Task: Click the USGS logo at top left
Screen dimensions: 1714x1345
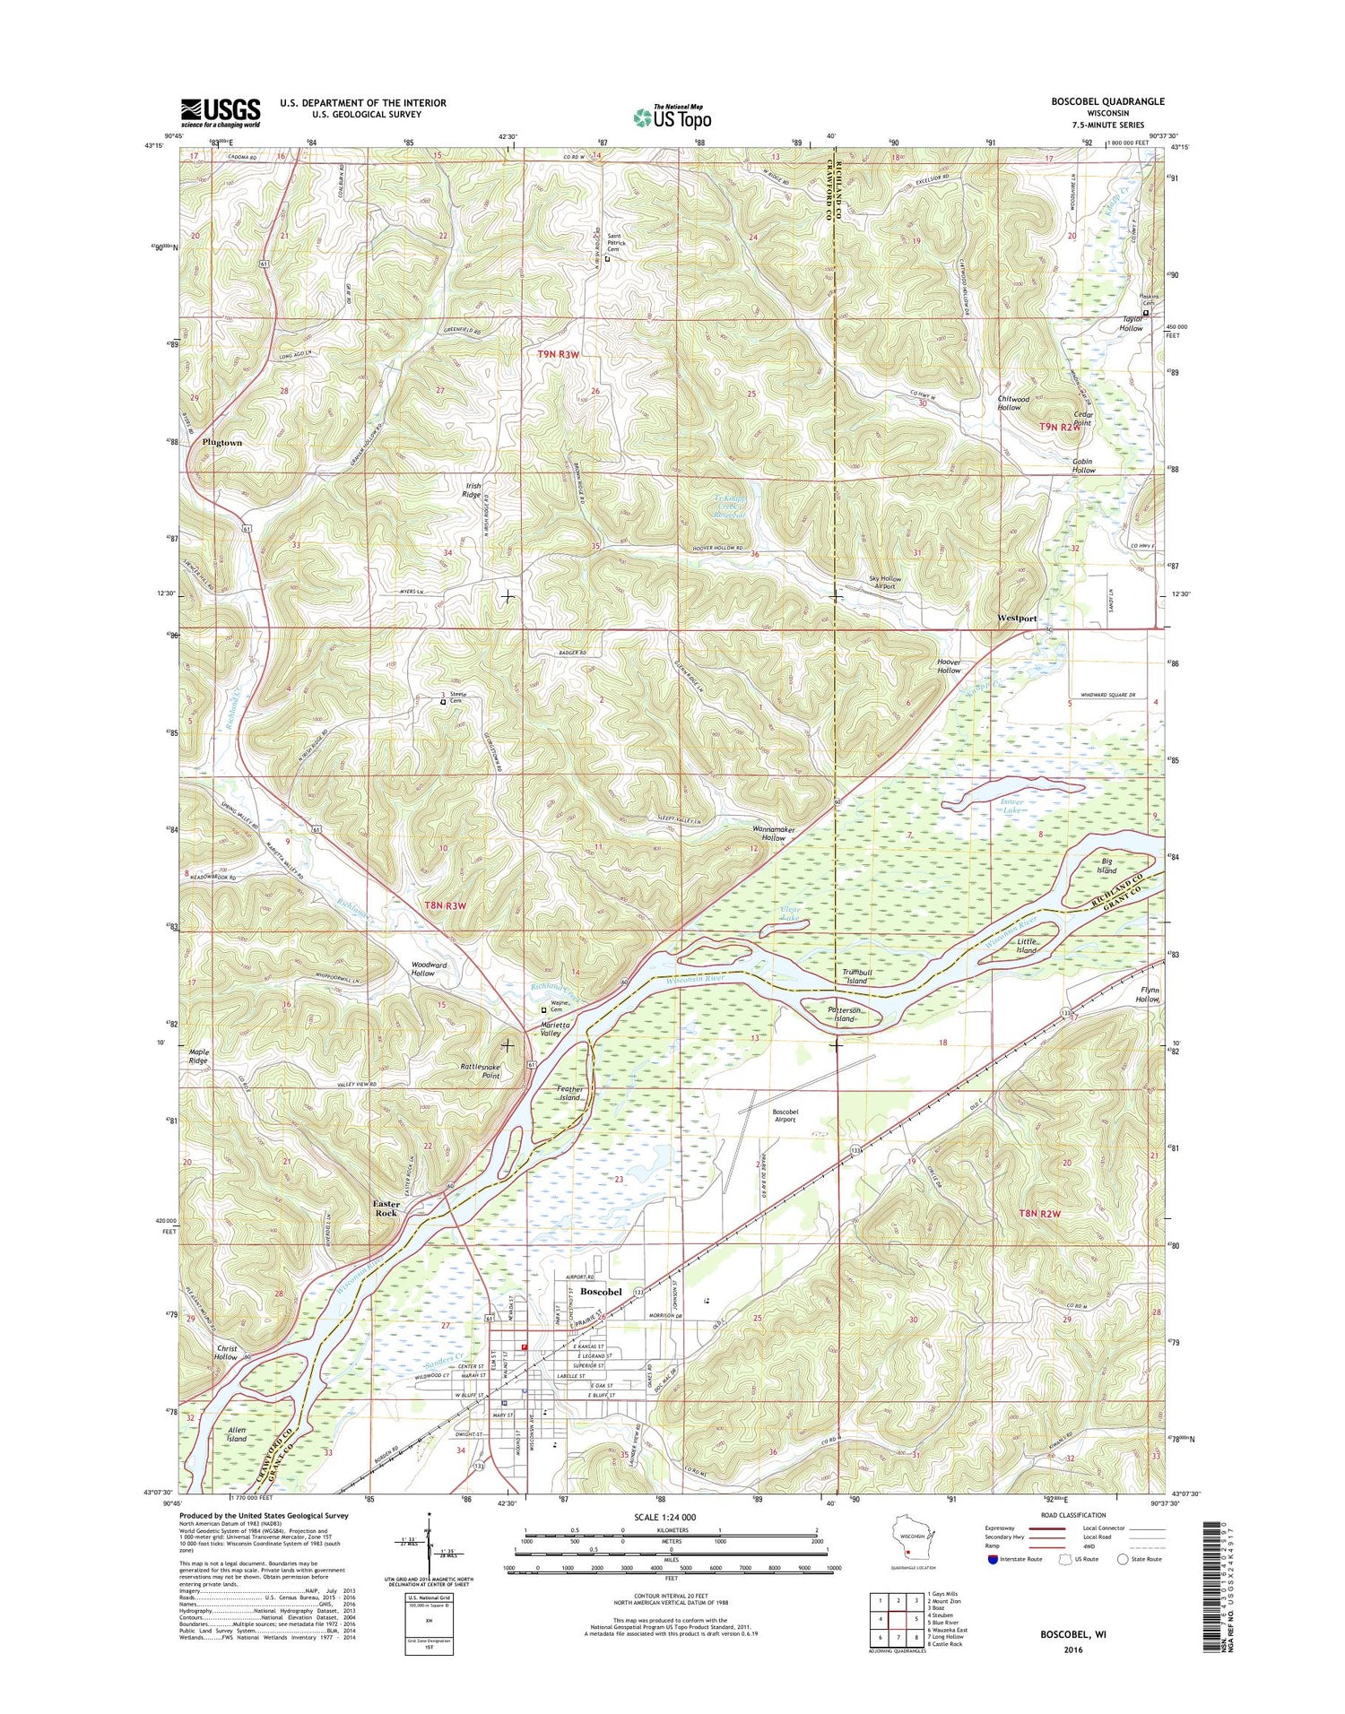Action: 221,113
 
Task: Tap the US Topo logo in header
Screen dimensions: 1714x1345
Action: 672,116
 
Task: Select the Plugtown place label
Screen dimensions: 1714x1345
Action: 221,443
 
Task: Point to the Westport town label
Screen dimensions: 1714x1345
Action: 1017,619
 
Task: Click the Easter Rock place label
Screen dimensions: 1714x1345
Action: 386,1208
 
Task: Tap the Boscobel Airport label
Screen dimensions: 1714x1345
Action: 785,1115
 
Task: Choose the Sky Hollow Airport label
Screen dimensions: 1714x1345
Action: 886,583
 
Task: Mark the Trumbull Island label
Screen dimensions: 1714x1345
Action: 856,976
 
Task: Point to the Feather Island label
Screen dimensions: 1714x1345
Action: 570,1094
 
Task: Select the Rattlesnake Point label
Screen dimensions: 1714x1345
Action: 479,1071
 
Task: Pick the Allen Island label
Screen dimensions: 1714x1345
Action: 236,1459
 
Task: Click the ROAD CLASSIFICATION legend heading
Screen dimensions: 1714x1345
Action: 1073,1515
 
